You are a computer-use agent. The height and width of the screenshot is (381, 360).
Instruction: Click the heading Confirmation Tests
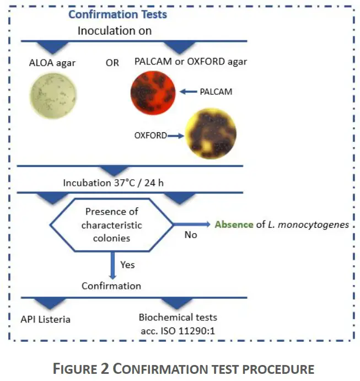coord(117,14)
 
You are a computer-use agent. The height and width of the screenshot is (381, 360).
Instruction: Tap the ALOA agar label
coord(52,62)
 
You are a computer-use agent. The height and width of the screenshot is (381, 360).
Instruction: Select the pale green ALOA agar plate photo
coord(52,97)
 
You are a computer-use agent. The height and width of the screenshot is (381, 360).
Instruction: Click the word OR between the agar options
coord(112,62)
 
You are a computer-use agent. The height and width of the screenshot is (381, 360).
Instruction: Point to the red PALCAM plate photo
coord(153,92)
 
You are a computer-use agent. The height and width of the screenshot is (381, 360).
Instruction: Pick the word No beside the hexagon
coord(190,234)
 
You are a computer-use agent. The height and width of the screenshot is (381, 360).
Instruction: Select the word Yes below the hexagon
coord(127,265)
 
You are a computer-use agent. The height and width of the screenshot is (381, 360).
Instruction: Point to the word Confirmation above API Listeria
coord(111,286)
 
